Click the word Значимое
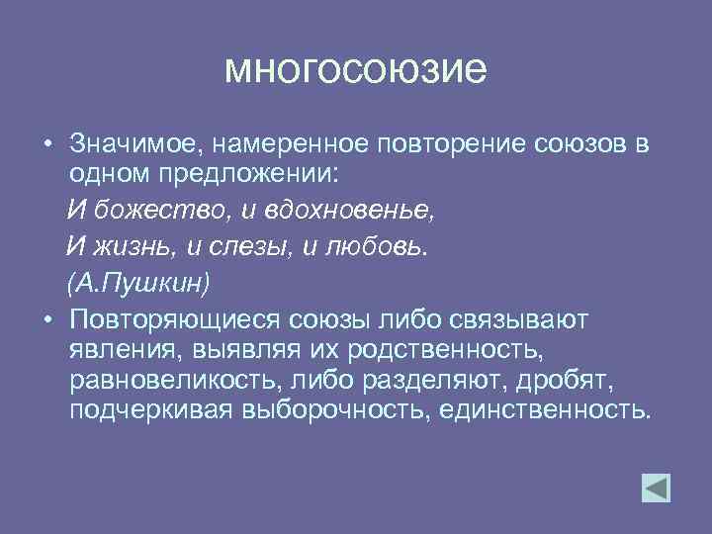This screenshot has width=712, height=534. click(133, 145)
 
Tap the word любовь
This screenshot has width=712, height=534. click(376, 247)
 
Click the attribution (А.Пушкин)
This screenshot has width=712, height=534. click(138, 283)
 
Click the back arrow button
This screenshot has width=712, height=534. click(656, 489)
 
